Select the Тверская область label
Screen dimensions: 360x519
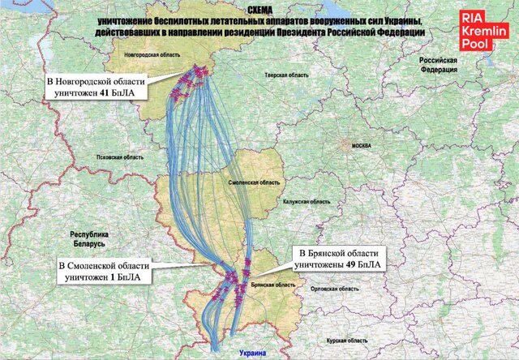pos(286,75)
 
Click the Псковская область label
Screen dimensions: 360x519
pos(120,156)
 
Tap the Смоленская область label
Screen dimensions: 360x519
pos(250,183)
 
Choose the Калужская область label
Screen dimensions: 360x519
pos(307,201)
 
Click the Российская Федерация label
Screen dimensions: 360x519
pos(438,65)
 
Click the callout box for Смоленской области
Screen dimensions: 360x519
pos(105,271)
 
